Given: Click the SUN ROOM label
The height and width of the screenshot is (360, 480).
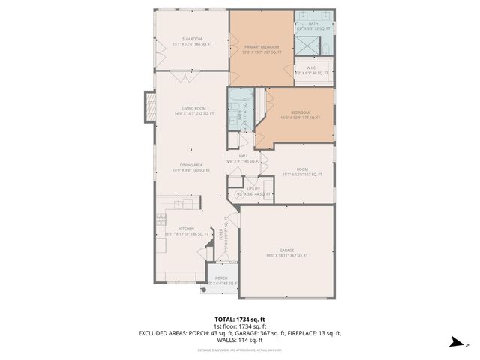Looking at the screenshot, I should (191, 38).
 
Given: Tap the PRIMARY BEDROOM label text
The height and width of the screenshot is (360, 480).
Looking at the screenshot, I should (262, 47).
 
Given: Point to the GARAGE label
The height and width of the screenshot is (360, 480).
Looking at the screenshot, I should (287, 251).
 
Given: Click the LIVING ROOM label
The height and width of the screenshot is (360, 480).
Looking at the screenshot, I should (193, 108).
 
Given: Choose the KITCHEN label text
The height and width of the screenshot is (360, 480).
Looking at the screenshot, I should (187, 229).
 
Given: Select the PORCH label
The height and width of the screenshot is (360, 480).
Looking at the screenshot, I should (221, 277).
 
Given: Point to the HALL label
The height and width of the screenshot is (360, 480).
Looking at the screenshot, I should (244, 156).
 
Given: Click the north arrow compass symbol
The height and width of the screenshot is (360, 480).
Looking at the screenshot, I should (455, 342).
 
